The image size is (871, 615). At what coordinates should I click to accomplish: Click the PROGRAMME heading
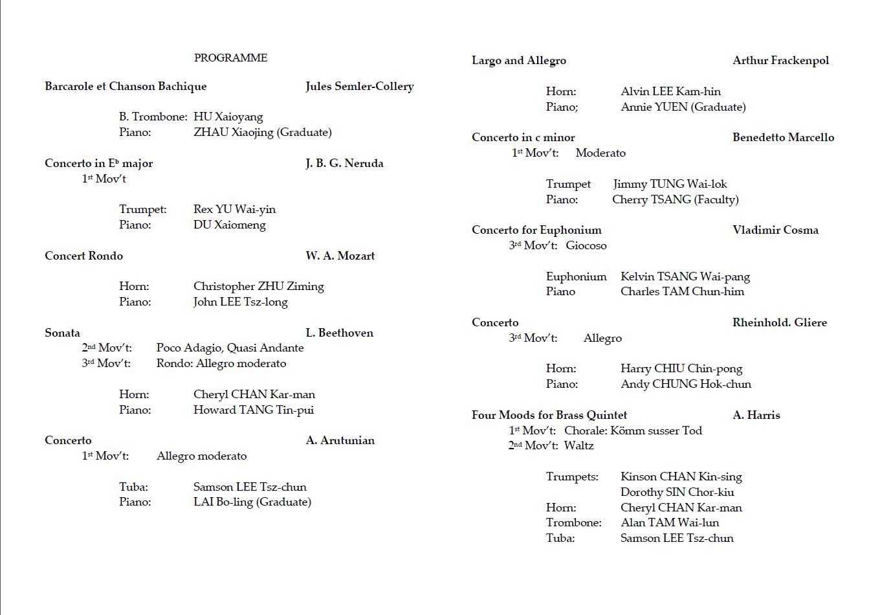pyautogui.click(x=230, y=58)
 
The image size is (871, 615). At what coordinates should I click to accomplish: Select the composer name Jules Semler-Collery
pyautogui.click(x=359, y=86)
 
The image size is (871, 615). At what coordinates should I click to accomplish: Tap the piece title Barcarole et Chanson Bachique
pyautogui.click(x=126, y=86)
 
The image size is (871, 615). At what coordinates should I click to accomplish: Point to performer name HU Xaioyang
pyautogui.click(x=228, y=117)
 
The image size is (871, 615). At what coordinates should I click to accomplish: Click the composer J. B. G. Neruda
pyautogui.click(x=344, y=163)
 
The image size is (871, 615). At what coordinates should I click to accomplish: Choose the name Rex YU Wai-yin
pyautogui.click(x=234, y=209)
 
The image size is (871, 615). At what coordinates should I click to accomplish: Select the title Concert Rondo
pyautogui.click(x=83, y=256)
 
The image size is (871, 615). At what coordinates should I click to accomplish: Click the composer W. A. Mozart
pyautogui.click(x=340, y=256)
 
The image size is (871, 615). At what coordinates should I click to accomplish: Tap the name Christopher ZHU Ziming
pyautogui.click(x=258, y=286)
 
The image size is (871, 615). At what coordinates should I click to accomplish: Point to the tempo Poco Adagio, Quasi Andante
pyautogui.click(x=230, y=348)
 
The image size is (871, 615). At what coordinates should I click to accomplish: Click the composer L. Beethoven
pyautogui.click(x=339, y=333)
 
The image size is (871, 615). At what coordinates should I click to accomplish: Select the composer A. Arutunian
pyautogui.click(x=340, y=440)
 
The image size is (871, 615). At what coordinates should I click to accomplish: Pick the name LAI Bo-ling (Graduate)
pyautogui.click(x=252, y=502)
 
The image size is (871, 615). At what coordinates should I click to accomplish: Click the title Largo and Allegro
pyautogui.click(x=518, y=60)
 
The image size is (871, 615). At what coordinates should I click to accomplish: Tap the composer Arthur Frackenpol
pyautogui.click(x=780, y=60)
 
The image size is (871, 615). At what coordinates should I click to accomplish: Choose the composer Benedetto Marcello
pyautogui.click(x=783, y=137)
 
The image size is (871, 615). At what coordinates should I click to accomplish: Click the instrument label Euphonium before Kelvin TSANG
pyautogui.click(x=576, y=276)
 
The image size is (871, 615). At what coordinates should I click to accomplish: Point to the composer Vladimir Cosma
pyautogui.click(x=775, y=230)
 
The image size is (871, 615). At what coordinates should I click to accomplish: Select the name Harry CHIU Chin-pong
pyautogui.click(x=681, y=368)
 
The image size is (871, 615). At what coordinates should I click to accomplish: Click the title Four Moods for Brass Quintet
pyautogui.click(x=549, y=415)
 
